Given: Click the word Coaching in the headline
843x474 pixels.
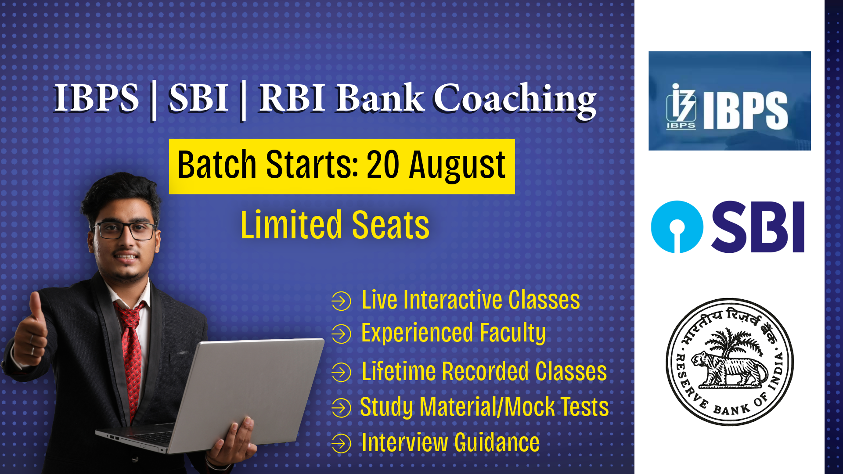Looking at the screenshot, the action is tap(515, 100).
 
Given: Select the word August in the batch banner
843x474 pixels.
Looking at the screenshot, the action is tap(457, 165).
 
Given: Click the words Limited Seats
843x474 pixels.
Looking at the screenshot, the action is tap(335, 225).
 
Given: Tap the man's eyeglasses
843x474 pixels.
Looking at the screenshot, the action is tap(124, 230).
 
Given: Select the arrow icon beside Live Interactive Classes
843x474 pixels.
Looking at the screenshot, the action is tap(341, 301).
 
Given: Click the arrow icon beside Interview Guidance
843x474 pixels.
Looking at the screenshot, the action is tap(341, 443).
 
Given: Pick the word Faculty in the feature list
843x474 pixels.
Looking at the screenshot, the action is tap(512, 334).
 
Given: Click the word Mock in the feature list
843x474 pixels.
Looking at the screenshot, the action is tap(530, 407).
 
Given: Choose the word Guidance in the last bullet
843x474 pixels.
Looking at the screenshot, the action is tap(497, 442).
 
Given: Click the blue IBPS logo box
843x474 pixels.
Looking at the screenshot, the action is tap(729, 101).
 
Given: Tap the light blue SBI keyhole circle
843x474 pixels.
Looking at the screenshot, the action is tap(677, 227).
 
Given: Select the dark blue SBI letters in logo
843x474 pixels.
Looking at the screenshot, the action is tap(758, 227).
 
